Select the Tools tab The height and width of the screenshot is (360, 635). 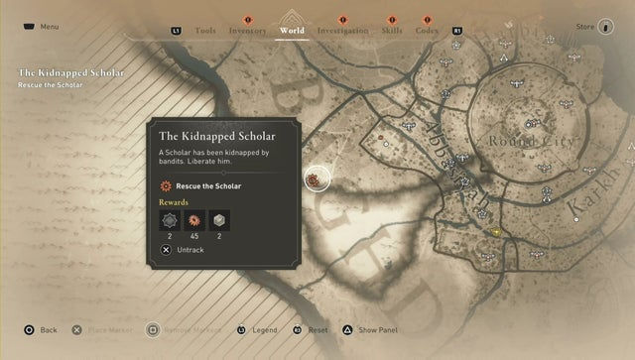205,31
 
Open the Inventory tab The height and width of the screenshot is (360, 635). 247,31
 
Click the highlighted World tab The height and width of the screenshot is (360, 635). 292,30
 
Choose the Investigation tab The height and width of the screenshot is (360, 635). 342,31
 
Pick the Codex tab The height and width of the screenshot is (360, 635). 427,31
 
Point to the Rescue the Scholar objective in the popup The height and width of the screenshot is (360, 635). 207,185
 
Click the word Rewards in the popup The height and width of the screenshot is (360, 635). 174,202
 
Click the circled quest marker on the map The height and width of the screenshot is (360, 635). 317,180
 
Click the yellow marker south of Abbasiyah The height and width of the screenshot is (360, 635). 495,231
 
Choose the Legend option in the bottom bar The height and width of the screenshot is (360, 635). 260,330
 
